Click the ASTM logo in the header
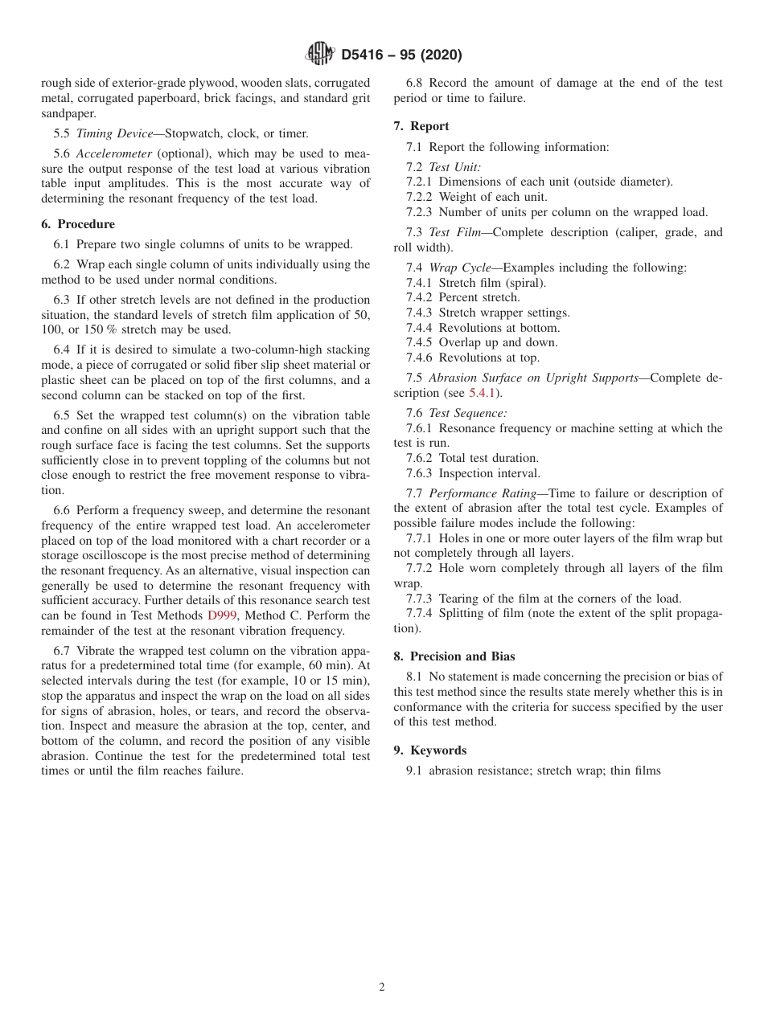pyautogui.click(x=319, y=54)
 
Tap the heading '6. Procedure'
pyautogui.click(x=78, y=224)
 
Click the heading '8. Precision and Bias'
pyautogui.click(x=454, y=656)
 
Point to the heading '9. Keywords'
pyautogui.click(x=430, y=750)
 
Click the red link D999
pyautogui.click(x=222, y=615)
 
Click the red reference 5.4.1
pyautogui.click(x=483, y=393)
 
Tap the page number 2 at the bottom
pyautogui.click(x=382, y=987)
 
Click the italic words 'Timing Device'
pyautogui.click(x=114, y=134)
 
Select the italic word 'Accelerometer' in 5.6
pyautogui.click(x=114, y=154)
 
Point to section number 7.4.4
pyautogui.click(x=421, y=328)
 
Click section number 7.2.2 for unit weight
pyautogui.click(x=421, y=197)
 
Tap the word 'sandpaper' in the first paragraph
pyautogui.click(x=67, y=113)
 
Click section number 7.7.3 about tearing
pyautogui.click(x=421, y=598)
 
